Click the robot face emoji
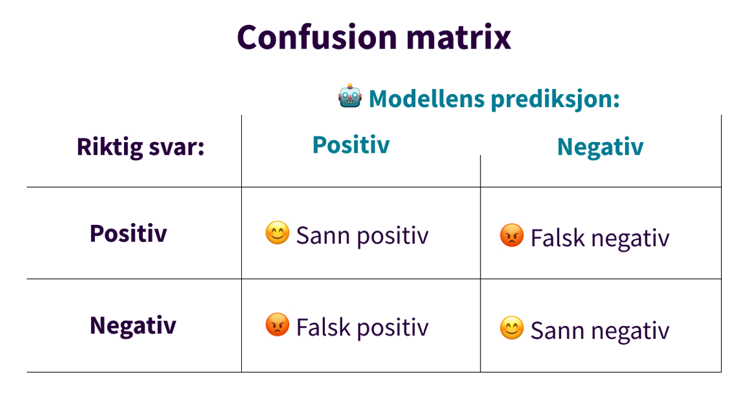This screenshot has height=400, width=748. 350,97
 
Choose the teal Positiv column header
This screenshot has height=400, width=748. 351,145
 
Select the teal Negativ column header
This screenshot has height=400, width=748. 600,147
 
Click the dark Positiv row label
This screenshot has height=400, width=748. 128,234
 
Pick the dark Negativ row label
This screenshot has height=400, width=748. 133,326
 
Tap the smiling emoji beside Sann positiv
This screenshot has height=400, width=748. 277,234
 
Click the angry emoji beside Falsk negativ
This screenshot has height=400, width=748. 512,236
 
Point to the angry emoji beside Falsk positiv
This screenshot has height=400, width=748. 277,326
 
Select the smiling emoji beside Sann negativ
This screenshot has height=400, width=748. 512,328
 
